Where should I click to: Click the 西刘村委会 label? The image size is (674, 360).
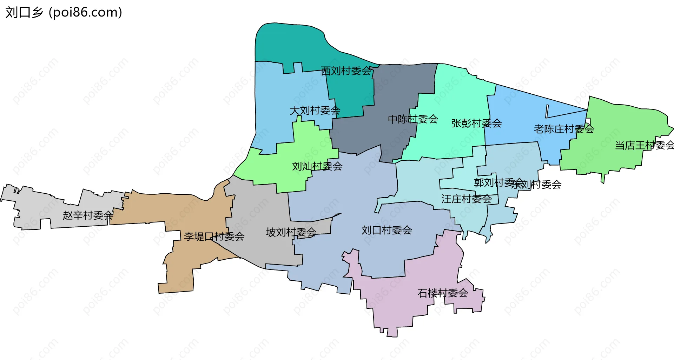(346, 71)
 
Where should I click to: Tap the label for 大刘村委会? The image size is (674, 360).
(315, 111)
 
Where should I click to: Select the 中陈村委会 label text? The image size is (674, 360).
(413, 119)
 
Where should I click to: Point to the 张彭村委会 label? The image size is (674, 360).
(476, 123)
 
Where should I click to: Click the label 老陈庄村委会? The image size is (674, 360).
(564, 129)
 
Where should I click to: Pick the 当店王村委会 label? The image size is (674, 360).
(644, 145)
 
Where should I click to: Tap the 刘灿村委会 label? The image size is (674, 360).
(317, 166)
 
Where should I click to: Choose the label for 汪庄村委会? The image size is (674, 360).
(466, 199)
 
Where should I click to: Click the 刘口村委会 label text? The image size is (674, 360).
(386, 230)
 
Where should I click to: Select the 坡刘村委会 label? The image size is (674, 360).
(291, 232)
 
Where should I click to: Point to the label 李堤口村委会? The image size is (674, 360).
(214, 236)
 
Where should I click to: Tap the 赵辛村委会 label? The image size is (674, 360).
(88, 215)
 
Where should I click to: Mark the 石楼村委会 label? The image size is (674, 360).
(443, 293)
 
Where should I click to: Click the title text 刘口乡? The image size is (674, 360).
(24, 12)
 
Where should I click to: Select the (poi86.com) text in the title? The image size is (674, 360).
(85, 12)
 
